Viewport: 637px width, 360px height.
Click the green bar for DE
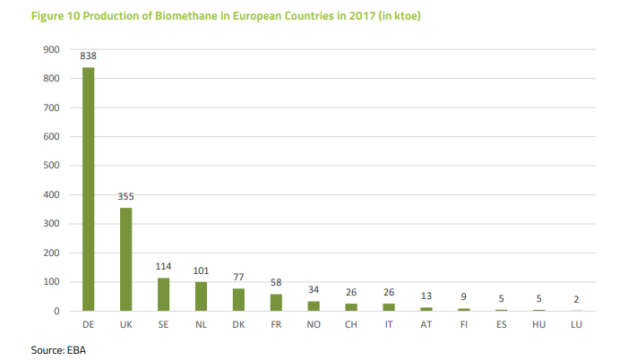[88, 189]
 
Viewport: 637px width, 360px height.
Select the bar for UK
[125, 260]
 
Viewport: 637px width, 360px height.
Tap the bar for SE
[163, 295]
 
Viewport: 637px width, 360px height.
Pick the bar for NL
[201, 296]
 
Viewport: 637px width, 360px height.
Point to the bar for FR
[276, 303]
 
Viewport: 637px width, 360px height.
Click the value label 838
[88, 56]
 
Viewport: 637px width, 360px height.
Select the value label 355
[125, 196]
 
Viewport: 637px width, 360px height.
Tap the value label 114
[163, 266]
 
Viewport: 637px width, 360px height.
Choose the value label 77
[238, 277]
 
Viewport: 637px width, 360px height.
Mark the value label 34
[314, 289]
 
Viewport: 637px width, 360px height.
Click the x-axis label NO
[314, 325]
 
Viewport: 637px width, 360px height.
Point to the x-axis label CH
[351, 325]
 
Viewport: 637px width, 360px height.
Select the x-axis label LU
[577, 325]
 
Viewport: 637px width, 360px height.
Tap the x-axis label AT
[426, 325]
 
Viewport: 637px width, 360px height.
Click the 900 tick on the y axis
[51, 49]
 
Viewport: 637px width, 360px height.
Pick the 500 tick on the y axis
[51, 166]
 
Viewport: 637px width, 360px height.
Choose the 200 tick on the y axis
[51, 253]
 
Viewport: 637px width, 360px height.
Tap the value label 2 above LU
[577, 298]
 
